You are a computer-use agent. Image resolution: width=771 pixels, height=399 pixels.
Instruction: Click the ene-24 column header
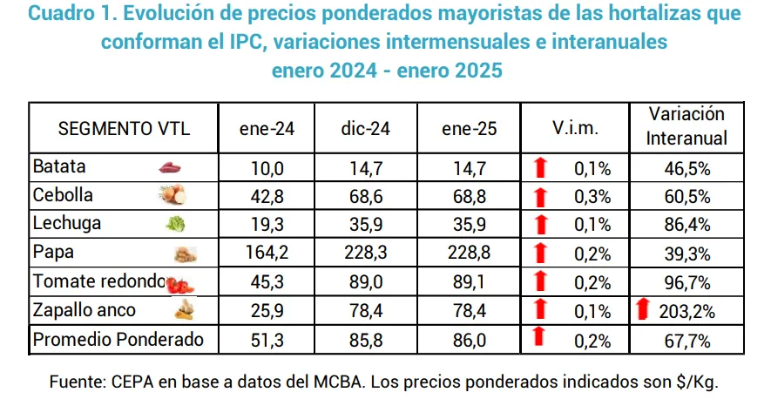pos(267,129)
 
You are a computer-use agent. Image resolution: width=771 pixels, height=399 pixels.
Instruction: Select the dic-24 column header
pos(366,129)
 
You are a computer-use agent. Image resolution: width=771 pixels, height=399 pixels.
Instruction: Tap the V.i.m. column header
pos(575,129)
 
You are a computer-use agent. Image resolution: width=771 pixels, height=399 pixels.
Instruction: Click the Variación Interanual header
pos(687,127)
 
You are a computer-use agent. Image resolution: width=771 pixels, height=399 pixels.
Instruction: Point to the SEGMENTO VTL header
pos(123,129)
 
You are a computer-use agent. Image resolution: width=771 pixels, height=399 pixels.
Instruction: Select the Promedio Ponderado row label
pos(118,340)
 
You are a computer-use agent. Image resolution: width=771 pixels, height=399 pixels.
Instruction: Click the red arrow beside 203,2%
pos(644,310)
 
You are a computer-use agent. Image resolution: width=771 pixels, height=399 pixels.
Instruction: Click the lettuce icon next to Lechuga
pos(175,225)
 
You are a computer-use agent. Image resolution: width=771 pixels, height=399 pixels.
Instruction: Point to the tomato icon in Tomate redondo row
pos(179,284)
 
